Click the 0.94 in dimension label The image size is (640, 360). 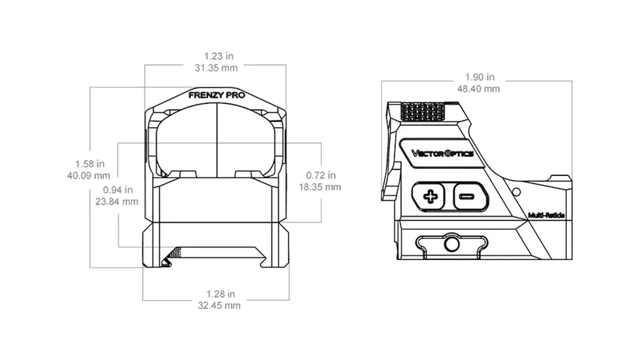tap(120, 190)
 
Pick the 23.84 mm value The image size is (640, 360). tap(120, 202)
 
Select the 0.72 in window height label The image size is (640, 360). tap(321, 175)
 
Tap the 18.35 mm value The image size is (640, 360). tap(321, 187)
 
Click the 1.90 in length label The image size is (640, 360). tap(478, 77)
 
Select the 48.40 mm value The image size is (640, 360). tap(478, 88)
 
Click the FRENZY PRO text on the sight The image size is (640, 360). tap(217, 95)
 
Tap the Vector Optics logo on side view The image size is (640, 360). tap(442, 154)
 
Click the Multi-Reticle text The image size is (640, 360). tap(546, 215)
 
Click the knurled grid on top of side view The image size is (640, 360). tap(421, 112)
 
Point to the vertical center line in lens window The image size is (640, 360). tap(217, 141)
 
